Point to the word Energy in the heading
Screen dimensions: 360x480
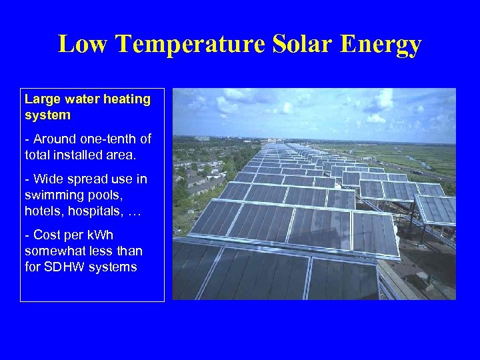coord(381,45)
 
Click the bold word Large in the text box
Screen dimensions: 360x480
coord(43,99)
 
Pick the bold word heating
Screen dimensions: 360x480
coord(126,99)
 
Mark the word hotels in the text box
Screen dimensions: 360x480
coord(41,211)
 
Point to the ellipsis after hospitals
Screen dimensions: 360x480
coord(134,212)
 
